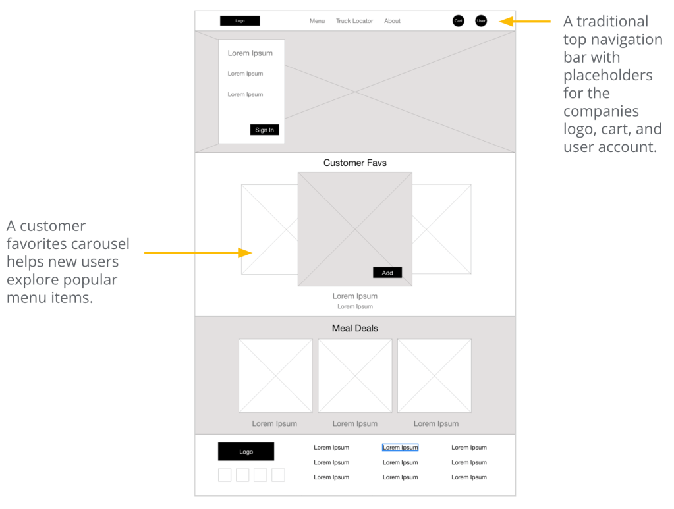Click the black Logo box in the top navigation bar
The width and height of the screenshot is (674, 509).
point(240,20)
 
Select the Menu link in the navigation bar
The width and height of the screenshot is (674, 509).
point(317,21)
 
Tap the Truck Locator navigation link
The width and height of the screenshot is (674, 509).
point(354,21)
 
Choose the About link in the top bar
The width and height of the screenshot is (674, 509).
point(392,21)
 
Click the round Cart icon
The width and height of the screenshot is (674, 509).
point(459,20)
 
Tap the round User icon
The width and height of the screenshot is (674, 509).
point(481,20)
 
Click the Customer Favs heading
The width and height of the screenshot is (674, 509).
point(355,163)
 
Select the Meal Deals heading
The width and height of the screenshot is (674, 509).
point(355,328)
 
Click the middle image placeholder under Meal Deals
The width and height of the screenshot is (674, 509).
point(355,376)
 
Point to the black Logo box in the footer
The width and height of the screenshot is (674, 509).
point(246,452)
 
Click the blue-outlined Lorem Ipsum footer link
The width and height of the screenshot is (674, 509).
point(400,448)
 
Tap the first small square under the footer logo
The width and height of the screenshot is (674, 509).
point(225,475)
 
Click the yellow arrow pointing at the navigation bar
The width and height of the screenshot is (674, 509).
point(525,21)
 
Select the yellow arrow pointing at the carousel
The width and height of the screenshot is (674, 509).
point(198,253)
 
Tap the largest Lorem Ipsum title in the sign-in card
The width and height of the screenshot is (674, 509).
point(250,53)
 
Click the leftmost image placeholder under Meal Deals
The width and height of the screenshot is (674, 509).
point(275,376)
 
